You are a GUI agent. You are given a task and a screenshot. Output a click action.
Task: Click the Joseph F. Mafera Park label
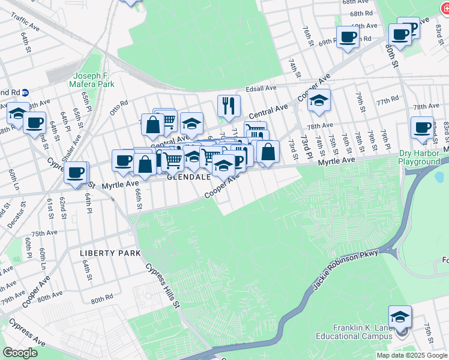click(93, 80)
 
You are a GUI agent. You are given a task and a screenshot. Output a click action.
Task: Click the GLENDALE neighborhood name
click(188, 178)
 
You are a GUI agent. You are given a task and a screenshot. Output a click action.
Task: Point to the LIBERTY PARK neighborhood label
click(110, 253)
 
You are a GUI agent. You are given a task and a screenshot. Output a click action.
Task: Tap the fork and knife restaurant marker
click(229, 106)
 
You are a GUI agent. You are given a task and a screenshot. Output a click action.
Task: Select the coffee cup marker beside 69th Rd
click(348, 38)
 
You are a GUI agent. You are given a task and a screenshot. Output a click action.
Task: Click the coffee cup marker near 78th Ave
click(422, 128)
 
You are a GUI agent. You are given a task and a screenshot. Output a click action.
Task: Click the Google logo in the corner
click(20, 353)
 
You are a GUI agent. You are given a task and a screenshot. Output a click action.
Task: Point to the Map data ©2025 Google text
click(412, 355)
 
